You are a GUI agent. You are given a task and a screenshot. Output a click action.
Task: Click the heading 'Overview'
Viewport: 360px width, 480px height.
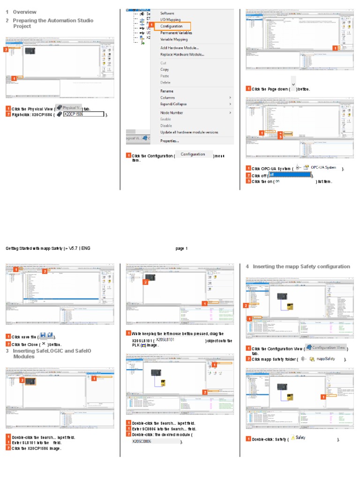click(24, 12)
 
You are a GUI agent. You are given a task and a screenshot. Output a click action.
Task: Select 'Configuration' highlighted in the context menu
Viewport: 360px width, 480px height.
click(171, 26)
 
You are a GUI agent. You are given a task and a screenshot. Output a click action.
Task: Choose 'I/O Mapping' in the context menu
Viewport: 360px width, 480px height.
click(170, 20)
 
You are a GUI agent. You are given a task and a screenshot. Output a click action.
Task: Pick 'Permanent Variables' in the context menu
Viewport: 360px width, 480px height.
click(176, 33)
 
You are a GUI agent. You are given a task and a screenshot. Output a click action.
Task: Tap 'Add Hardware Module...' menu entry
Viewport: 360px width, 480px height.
click(179, 48)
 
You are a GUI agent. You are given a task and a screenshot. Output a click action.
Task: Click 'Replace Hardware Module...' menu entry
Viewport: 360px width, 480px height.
click(182, 54)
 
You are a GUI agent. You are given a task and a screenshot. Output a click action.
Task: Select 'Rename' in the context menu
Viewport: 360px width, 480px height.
click(166, 91)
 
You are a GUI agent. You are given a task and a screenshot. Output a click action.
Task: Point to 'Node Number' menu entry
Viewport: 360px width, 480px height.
click(172, 112)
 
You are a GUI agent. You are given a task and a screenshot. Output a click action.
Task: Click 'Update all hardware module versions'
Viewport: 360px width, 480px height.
click(189, 132)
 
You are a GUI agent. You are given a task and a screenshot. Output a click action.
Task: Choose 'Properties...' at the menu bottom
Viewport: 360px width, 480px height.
click(170, 141)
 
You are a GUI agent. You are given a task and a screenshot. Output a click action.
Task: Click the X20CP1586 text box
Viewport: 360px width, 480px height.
click(83, 114)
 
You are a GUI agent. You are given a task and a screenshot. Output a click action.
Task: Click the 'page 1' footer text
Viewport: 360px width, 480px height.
click(181, 248)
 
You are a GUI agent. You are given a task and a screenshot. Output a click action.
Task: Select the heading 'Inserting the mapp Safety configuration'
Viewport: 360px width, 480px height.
click(301, 266)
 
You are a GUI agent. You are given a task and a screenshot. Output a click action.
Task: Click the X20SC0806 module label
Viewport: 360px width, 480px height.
click(142, 442)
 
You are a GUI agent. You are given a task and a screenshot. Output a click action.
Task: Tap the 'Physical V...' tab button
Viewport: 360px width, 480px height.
click(68, 108)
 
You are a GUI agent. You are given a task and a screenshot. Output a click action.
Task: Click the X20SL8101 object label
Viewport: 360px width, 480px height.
click(165, 339)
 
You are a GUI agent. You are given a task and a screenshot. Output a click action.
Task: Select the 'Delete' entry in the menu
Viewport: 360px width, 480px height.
click(165, 82)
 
